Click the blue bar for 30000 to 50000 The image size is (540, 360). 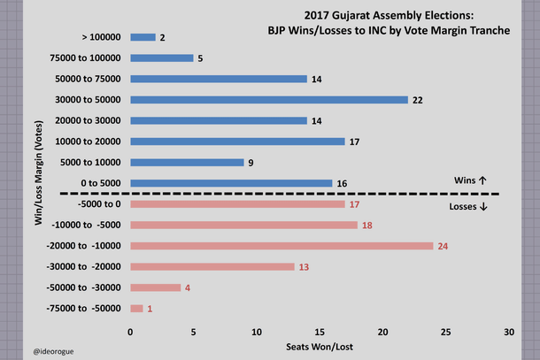coord(269,100)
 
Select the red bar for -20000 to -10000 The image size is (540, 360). coord(282,246)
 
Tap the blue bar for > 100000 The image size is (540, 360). coord(143,38)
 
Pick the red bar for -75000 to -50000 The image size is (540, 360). coord(136,308)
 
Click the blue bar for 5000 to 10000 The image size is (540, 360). coord(187,163)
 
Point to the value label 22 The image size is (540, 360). coord(418,101)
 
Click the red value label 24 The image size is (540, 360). coord(444,246)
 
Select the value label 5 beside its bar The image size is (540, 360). coord(201,59)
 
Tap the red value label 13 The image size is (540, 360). coord(305,267)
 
